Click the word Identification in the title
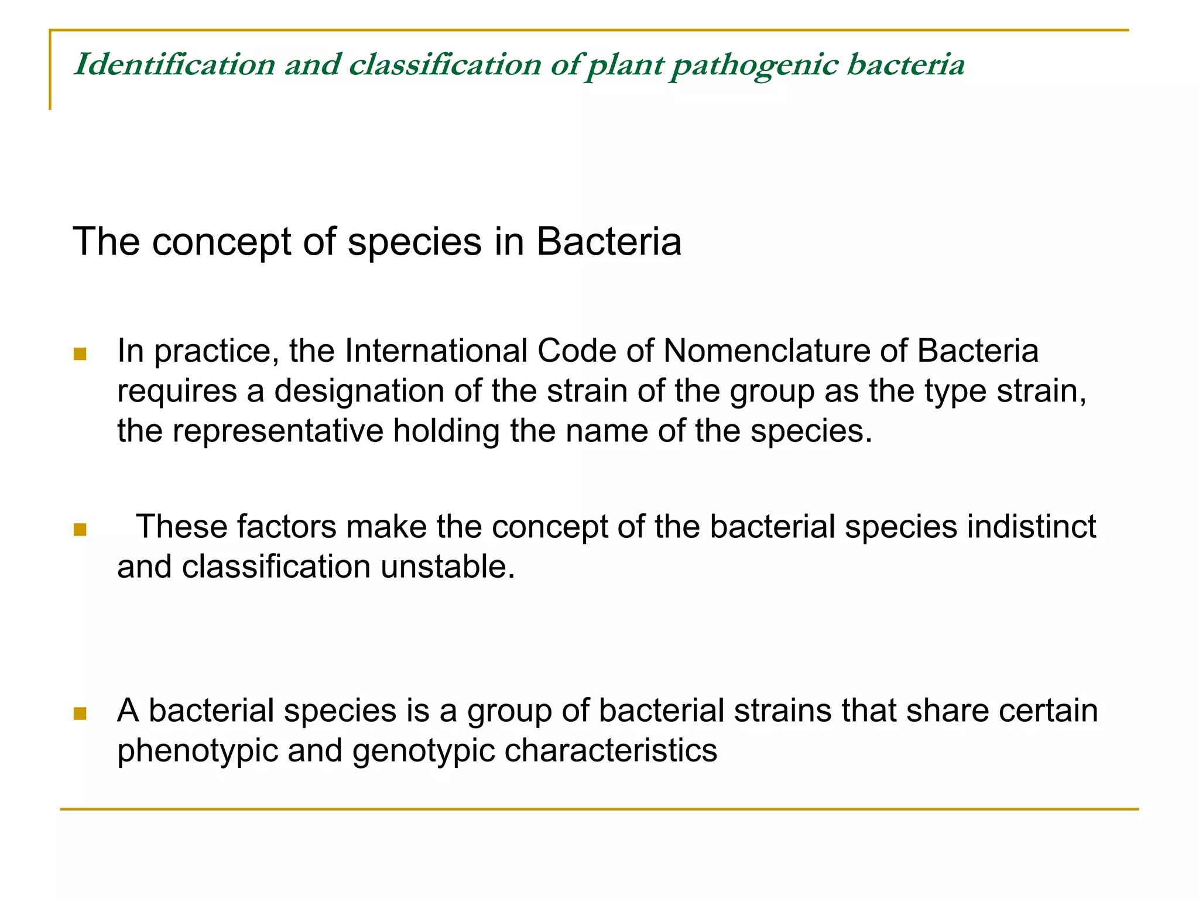pos(174,64)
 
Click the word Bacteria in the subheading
pos(609,241)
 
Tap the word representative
pos(278,431)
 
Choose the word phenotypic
pos(197,751)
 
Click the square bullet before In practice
pos(80,354)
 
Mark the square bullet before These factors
pos(80,530)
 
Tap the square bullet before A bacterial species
pos(80,713)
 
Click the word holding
pos(446,432)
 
